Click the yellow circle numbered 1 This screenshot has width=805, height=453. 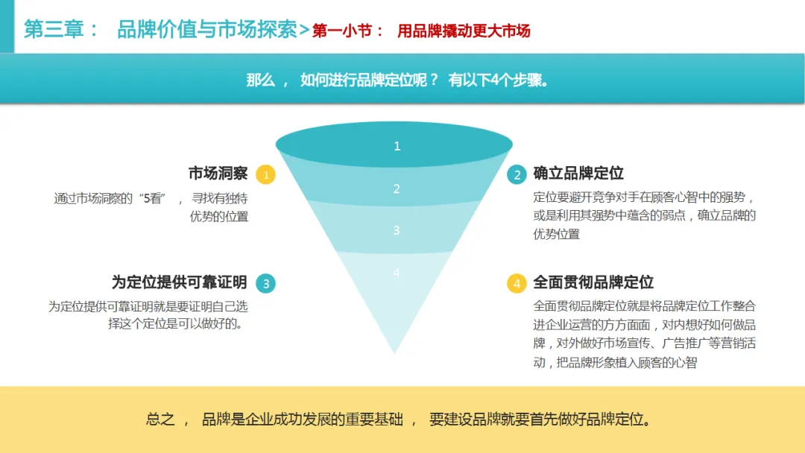(266, 175)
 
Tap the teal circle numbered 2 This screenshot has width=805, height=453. (516, 175)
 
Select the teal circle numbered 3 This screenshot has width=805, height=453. (266, 283)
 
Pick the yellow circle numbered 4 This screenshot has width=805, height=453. (516, 283)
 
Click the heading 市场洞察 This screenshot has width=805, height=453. (218, 174)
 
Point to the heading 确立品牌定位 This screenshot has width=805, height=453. (578, 174)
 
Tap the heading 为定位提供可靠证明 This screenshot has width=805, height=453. (179, 282)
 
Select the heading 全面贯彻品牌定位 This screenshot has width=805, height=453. (593, 282)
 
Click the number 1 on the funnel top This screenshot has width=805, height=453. (397, 146)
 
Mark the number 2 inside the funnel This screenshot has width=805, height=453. (397, 189)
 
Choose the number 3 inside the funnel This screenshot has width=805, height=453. (397, 231)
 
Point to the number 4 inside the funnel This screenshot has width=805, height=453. (397, 273)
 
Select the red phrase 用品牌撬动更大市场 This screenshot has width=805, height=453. (464, 31)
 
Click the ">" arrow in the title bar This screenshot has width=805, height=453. (304, 31)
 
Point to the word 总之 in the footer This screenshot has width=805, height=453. (160, 419)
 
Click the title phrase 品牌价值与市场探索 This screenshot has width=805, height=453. (207, 30)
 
